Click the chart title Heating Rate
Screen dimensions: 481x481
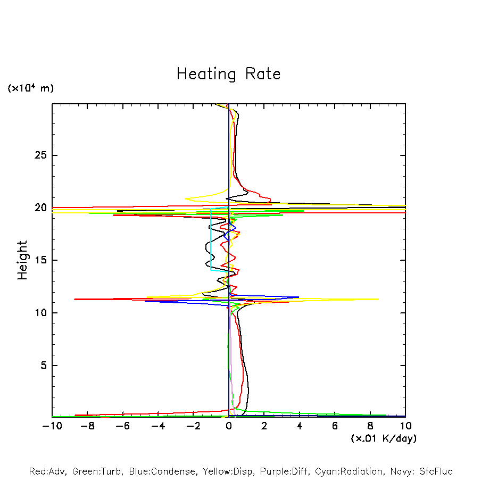pyautogui.click(x=228, y=74)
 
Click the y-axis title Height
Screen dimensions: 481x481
pyautogui.click(x=22, y=260)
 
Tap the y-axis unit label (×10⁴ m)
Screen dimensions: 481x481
pyautogui.click(x=30, y=88)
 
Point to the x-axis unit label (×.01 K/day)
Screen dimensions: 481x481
pyautogui.click(x=383, y=438)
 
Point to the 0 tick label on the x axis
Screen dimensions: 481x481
pyautogui.click(x=229, y=426)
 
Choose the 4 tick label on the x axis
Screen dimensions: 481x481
pyautogui.click(x=300, y=426)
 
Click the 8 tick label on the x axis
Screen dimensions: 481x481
pyautogui.click(x=370, y=426)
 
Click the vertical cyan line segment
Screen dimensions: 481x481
pyautogui.click(x=211, y=239)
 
